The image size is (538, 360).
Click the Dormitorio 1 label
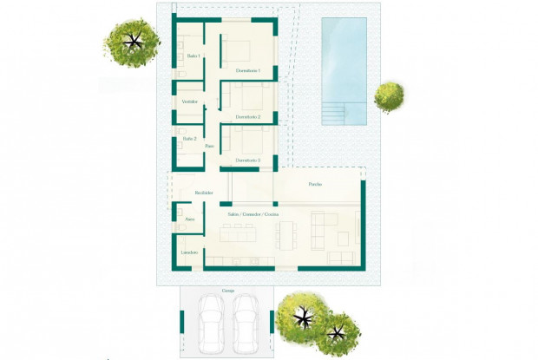click(x=247, y=69)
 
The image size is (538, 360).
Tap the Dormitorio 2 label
click(x=247, y=116)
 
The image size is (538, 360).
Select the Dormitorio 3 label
click(x=247, y=160)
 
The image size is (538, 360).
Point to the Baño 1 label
click(x=194, y=56)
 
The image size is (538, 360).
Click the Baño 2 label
click(x=189, y=139)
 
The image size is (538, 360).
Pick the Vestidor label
click(x=190, y=101)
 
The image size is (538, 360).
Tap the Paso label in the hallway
click(x=209, y=146)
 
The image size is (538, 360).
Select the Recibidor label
click(x=204, y=192)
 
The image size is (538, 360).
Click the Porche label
click(x=315, y=184)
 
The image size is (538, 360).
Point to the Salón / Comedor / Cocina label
click(x=253, y=213)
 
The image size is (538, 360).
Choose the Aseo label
click(x=190, y=219)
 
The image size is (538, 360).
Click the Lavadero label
click(x=189, y=252)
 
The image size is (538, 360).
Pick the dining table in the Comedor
click(x=286, y=234)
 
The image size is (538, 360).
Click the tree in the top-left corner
click(x=132, y=40)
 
